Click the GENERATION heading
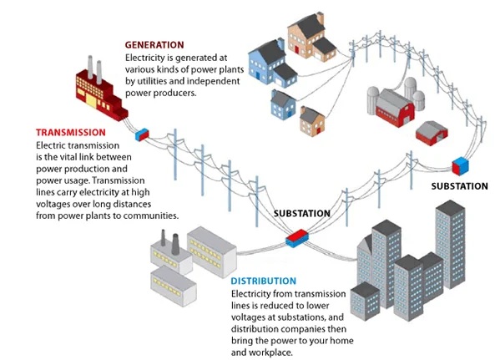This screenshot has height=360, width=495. pos(154,45)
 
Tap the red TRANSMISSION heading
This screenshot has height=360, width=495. pos(71,132)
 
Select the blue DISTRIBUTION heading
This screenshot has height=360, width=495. pos(264,281)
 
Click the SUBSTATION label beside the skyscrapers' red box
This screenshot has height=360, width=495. pos(302,214)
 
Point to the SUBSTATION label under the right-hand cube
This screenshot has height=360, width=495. pos(460,186)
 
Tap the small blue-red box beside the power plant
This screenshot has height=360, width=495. pos(142,134)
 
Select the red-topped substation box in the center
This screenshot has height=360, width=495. pos(297,238)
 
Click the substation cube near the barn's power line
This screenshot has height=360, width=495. pos(461,165)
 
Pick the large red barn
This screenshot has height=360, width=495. pos(395,108)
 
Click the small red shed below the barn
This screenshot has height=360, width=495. pos(432,133)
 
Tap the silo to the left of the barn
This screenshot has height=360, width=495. pos(373,99)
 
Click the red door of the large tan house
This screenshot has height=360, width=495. pos(296,49)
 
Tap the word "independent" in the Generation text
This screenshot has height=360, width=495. pos(213,81)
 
